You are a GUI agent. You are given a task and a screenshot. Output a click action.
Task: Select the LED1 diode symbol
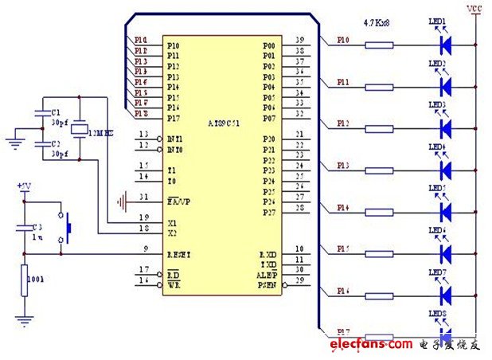(x=446, y=43)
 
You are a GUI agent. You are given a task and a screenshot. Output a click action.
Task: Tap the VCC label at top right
(x=474, y=9)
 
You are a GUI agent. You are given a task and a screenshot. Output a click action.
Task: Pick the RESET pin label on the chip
(x=179, y=255)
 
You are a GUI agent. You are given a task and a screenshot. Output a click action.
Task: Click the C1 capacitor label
(x=55, y=112)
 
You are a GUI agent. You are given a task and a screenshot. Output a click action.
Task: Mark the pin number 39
(x=299, y=38)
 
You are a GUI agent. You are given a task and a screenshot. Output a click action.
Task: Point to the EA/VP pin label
(x=179, y=198)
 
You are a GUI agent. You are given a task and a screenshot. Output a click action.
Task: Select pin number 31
(x=143, y=197)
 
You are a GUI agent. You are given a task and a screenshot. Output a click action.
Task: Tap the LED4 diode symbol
(x=446, y=170)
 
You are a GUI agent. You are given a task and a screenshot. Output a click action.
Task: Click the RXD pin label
(x=267, y=252)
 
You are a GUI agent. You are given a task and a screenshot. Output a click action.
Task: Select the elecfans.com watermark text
(x=371, y=344)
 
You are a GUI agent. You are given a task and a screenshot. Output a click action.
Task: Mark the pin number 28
(x=299, y=208)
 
